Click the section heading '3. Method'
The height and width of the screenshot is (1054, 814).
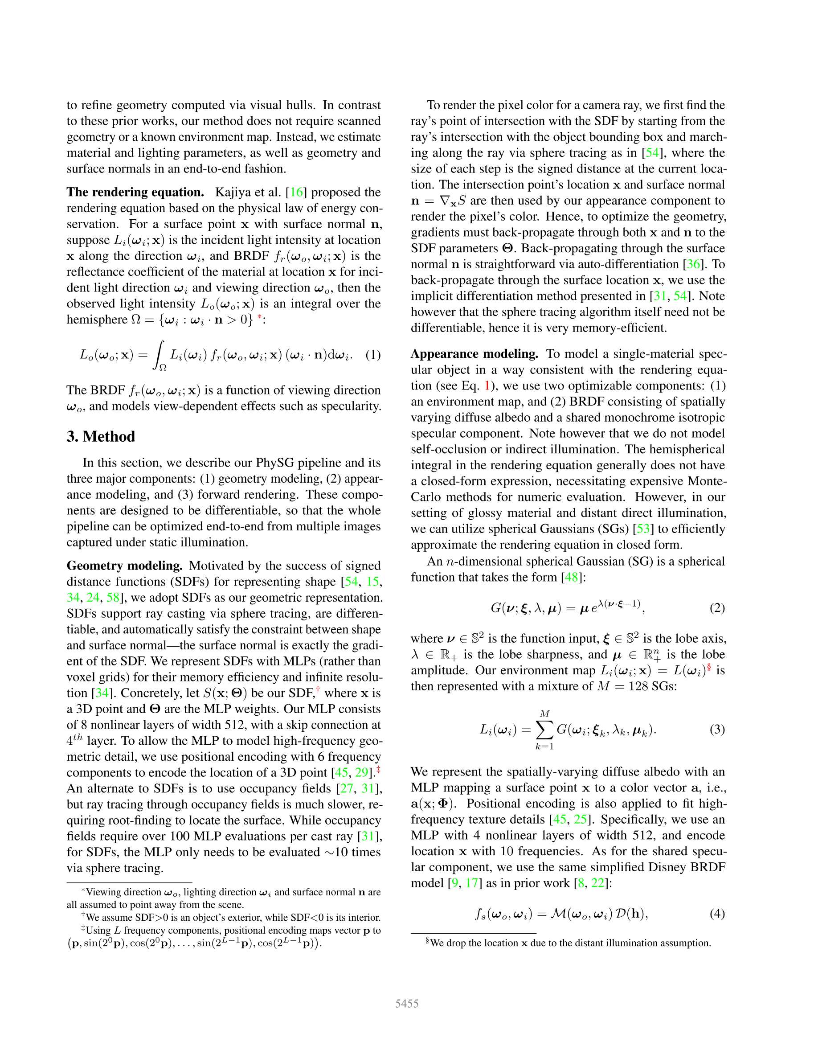[x=101, y=437]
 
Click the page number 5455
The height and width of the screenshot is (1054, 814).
[x=407, y=1004]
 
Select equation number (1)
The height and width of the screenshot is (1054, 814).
[x=373, y=355]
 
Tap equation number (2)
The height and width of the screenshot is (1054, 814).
[x=717, y=607]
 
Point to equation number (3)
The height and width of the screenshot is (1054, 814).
[x=717, y=729]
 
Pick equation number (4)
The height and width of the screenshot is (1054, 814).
[x=717, y=914]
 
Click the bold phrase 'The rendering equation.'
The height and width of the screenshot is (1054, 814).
[x=135, y=192]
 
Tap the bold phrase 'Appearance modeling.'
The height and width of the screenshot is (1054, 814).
[x=474, y=354]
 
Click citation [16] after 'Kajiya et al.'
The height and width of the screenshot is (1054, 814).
[x=296, y=192]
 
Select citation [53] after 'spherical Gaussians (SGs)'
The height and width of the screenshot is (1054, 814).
[x=643, y=529]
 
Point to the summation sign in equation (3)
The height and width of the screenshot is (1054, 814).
[x=544, y=729]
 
